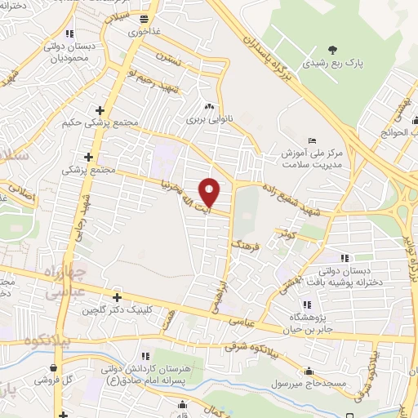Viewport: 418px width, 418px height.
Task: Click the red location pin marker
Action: click(x=211, y=192)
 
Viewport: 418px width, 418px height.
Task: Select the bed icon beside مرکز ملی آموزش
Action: click(x=313, y=140)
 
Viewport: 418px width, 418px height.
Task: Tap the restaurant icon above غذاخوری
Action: click(x=144, y=18)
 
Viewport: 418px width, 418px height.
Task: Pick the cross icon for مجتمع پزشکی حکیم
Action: click(x=100, y=109)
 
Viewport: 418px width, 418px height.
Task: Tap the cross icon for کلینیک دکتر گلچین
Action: click(x=117, y=297)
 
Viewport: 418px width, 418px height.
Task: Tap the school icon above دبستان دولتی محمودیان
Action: click(x=70, y=33)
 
